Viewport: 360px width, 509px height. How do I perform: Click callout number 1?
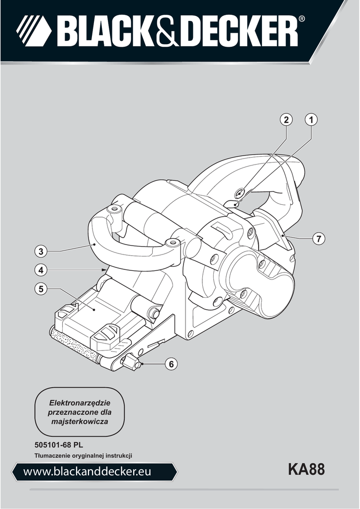pos(311,120)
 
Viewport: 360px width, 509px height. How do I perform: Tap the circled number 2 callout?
pos(286,120)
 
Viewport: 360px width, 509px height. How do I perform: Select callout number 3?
pos(41,251)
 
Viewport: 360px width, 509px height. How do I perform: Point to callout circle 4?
pos(41,270)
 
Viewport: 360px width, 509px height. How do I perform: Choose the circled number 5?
pos(41,289)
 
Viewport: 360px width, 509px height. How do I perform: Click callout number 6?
pos(172,364)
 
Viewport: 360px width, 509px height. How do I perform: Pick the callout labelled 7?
pos(319,239)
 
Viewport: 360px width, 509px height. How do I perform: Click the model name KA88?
pos(306,469)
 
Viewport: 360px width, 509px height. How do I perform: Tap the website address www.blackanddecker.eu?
pos(87,472)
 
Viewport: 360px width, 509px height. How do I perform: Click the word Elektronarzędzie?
pos(80,403)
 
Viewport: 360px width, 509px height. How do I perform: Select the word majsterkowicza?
pos(80,422)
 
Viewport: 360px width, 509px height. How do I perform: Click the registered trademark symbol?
pos(301,19)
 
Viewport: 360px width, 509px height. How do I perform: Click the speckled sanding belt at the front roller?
pos(74,346)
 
